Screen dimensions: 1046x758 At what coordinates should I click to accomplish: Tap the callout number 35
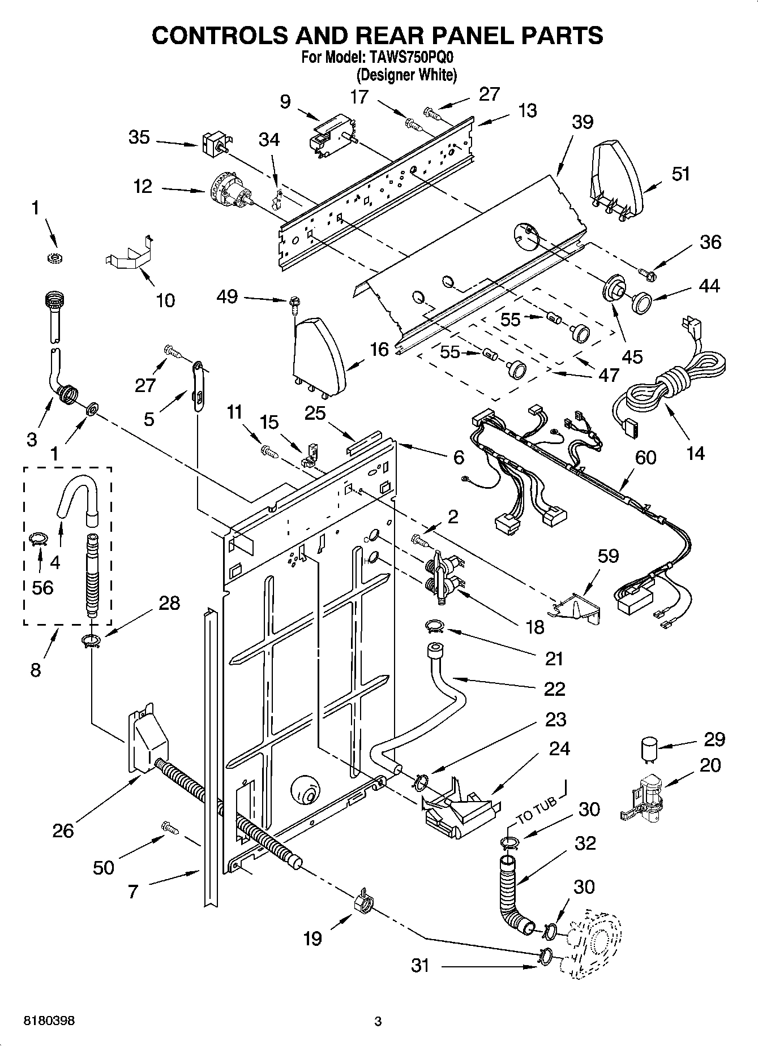click(139, 137)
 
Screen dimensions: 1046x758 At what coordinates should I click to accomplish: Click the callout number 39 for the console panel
click(582, 122)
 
